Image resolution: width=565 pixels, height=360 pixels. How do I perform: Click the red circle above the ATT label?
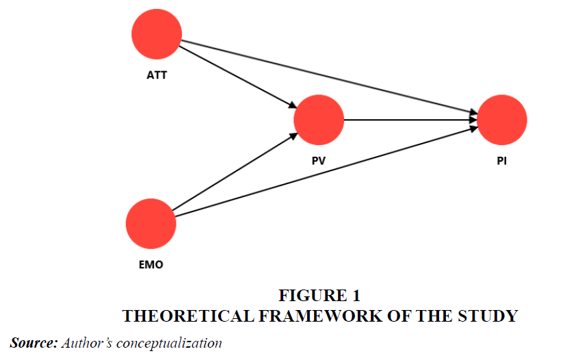157,34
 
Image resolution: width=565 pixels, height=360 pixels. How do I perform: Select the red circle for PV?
319,120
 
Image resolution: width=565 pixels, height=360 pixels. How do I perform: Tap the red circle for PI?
502,120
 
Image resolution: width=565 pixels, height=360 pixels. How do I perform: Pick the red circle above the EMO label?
151,224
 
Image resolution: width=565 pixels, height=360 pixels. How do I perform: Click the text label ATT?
157,75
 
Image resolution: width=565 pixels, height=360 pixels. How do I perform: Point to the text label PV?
319,161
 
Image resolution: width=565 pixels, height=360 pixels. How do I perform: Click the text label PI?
502,162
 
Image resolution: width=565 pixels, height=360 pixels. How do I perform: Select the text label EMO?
151,265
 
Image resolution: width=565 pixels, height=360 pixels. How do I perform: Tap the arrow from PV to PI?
410,120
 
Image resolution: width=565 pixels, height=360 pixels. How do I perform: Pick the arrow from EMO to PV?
233,173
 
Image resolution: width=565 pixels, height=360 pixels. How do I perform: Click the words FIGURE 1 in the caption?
319,296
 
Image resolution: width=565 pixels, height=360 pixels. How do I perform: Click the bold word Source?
33,342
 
